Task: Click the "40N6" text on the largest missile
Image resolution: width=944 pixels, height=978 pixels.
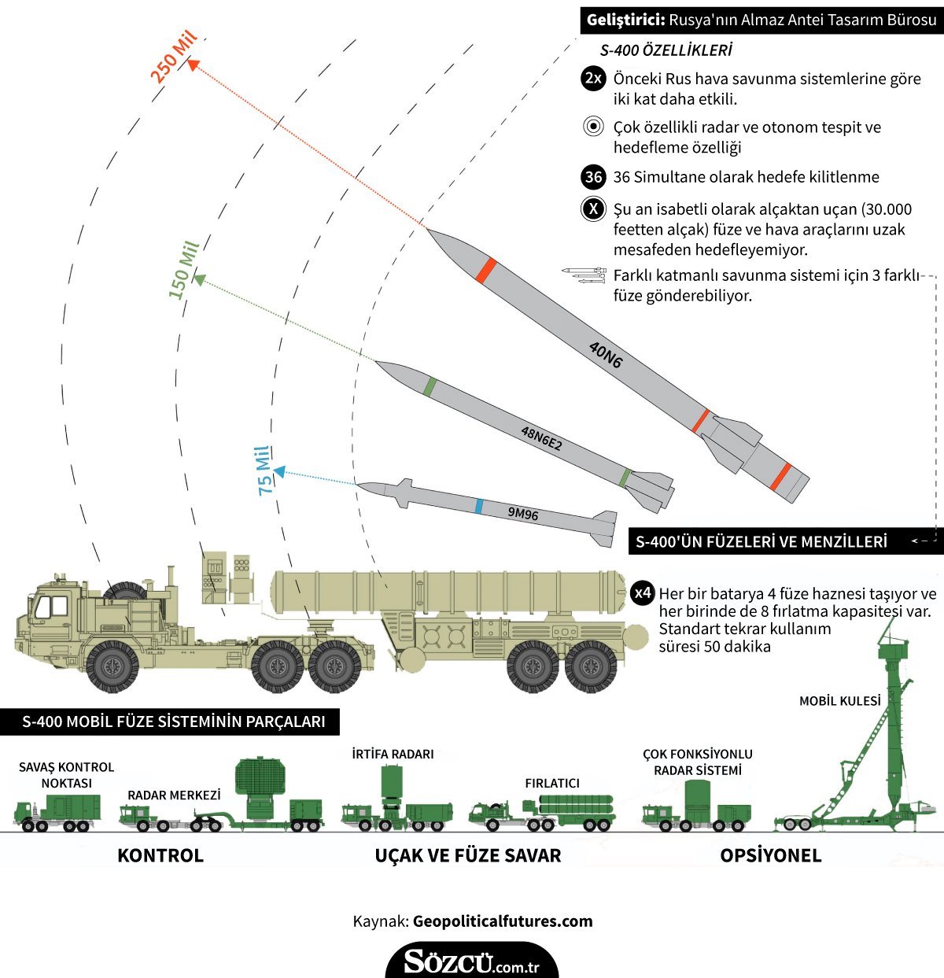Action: (606, 355)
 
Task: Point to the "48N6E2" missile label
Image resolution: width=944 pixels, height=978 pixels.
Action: (542, 438)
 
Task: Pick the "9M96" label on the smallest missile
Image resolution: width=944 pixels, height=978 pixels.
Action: (523, 515)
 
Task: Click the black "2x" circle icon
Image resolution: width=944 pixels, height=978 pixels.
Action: (593, 79)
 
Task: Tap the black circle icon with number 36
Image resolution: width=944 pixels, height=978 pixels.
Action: (593, 177)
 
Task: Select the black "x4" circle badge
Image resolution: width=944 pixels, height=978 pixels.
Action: (643, 592)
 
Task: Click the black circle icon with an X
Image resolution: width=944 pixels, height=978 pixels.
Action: (593, 209)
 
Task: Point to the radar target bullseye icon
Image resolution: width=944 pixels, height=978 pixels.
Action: (593, 127)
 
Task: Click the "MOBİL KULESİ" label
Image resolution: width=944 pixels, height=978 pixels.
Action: (839, 701)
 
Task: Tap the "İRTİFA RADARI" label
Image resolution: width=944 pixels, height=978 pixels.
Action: (393, 754)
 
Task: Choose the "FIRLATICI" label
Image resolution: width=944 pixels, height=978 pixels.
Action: (552, 783)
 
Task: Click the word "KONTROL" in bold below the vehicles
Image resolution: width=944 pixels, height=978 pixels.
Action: (160, 856)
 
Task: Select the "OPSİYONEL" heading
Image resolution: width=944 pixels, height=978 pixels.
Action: (770, 856)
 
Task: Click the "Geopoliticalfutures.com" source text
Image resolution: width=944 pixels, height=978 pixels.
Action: (503, 921)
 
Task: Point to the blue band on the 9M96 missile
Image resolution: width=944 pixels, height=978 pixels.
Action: (478, 506)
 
